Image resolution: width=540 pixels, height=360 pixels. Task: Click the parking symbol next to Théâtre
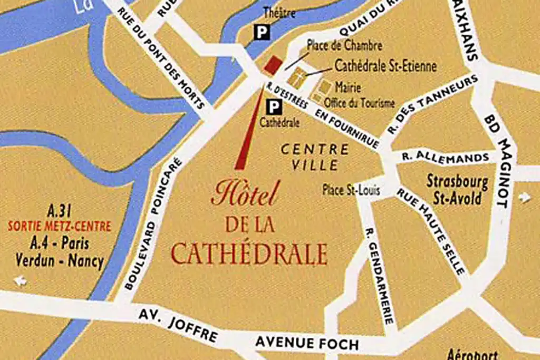tap(262, 33)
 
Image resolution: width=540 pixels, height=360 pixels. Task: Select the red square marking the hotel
tap(273, 66)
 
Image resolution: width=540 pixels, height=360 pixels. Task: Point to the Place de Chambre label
tap(344, 46)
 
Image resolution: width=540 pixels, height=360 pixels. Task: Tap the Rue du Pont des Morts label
tap(161, 59)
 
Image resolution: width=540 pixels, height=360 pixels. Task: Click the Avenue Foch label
tap(307, 344)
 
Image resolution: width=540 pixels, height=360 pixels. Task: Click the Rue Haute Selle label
tap(431, 231)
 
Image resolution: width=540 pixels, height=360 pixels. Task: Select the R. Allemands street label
tap(445, 156)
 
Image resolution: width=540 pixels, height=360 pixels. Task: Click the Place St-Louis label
tap(351, 190)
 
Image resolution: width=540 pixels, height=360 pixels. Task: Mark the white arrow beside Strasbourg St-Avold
tap(524, 197)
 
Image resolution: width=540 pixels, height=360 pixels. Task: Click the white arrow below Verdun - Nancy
tap(21, 281)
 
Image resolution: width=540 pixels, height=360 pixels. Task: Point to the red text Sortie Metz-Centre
tap(60, 227)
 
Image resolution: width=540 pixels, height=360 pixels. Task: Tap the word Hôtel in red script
tap(244, 194)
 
